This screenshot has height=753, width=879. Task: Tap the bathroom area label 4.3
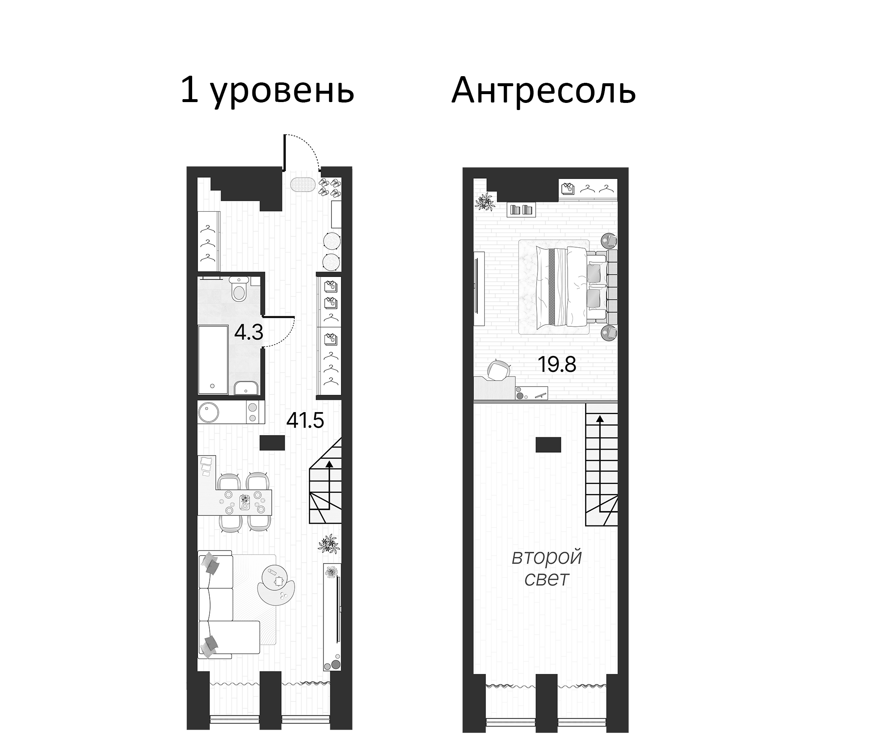point(249,333)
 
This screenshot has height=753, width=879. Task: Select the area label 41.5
point(305,420)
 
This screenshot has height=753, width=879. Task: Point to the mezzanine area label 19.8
point(557,364)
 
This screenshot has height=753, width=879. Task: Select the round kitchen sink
point(209,412)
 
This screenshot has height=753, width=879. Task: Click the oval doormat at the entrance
point(303,184)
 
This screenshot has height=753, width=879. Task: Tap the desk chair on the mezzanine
point(498,369)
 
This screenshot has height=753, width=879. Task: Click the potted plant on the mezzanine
point(485,202)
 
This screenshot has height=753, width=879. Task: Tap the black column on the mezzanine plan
point(548,445)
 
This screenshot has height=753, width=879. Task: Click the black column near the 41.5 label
point(272,443)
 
